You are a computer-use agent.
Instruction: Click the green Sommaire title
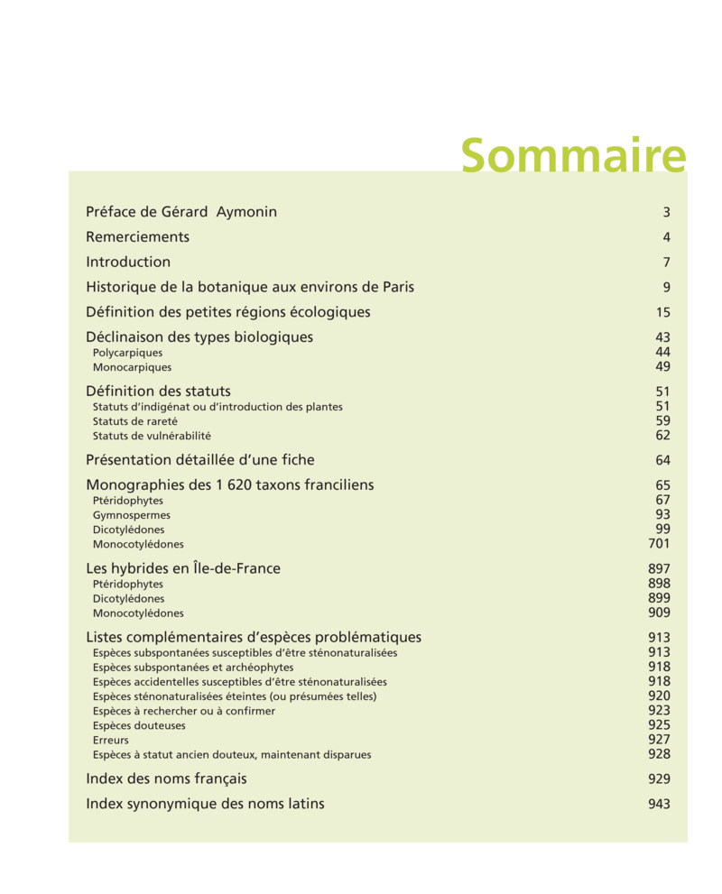click(x=573, y=156)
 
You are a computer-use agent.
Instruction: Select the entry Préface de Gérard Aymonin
click(x=181, y=212)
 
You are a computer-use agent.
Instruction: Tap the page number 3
click(x=666, y=213)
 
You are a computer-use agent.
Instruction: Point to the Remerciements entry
click(x=137, y=237)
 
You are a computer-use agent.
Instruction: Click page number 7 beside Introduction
click(x=666, y=263)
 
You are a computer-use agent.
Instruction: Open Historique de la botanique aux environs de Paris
click(x=250, y=287)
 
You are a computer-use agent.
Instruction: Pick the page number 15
click(x=663, y=313)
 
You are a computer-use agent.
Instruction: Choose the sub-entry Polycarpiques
click(x=127, y=353)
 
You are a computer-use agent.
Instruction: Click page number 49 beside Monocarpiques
click(x=663, y=367)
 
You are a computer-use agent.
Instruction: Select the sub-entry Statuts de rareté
click(x=135, y=421)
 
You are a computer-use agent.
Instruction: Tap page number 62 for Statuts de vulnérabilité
click(x=663, y=436)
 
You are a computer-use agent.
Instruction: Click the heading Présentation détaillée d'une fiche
click(x=200, y=460)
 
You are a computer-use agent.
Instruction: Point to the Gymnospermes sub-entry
click(x=132, y=515)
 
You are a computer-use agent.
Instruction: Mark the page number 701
click(x=660, y=544)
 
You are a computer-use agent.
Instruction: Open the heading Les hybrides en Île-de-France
click(x=183, y=568)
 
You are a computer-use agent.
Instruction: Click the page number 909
click(x=660, y=613)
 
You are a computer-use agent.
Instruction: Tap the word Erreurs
click(x=110, y=740)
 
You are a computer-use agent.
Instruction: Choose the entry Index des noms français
click(x=166, y=779)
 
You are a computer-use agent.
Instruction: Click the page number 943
click(x=660, y=804)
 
